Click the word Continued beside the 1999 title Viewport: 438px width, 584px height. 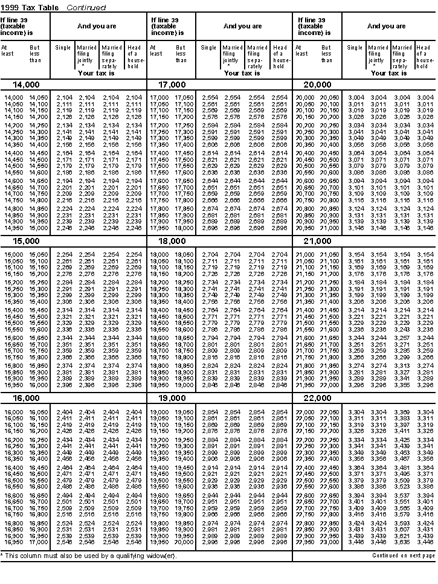[86, 8]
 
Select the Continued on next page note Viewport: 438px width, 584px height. [403, 555]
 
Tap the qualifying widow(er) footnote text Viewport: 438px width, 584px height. [91, 555]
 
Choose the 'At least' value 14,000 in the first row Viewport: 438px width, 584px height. [13, 97]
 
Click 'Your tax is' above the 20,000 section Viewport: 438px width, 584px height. [388, 73]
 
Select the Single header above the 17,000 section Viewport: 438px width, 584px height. [209, 48]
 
